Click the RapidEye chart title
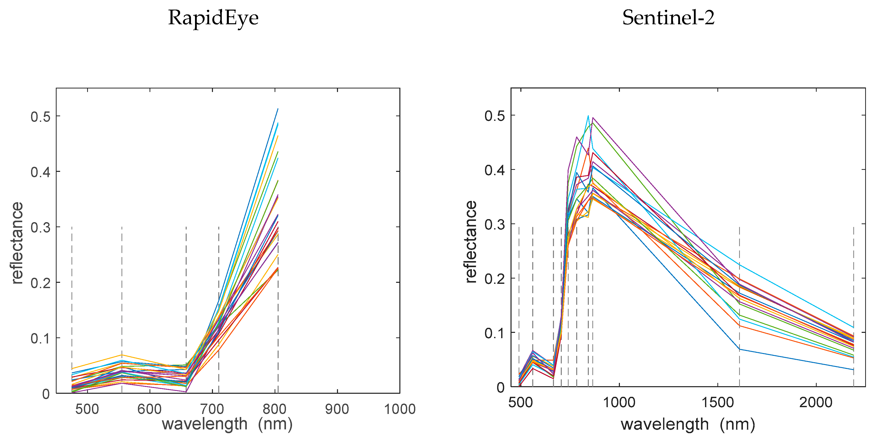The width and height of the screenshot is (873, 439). click(x=213, y=18)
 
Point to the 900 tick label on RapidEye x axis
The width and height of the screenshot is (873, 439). click(x=337, y=409)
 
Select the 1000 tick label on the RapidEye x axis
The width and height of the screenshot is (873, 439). click(x=400, y=409)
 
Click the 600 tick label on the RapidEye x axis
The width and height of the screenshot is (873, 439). click(x=150, y=409)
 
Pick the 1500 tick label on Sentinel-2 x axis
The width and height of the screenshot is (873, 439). click(x=717, y=402)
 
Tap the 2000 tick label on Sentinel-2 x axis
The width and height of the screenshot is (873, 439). click(x=816, y=402)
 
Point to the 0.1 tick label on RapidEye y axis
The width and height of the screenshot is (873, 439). click(x=40, y=338)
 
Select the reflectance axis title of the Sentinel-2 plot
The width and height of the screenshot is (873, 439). click(x=471, y=241)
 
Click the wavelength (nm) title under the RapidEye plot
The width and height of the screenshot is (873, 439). click(x=227, y=424)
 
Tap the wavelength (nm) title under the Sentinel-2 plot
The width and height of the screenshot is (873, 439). click(x=688, y=424)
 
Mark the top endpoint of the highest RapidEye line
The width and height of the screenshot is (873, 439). click(x=278, y=109)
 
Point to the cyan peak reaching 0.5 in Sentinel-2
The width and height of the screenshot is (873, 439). click(x=588, y=116)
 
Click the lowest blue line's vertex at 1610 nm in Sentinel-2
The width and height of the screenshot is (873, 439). click(x=739, y=349)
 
